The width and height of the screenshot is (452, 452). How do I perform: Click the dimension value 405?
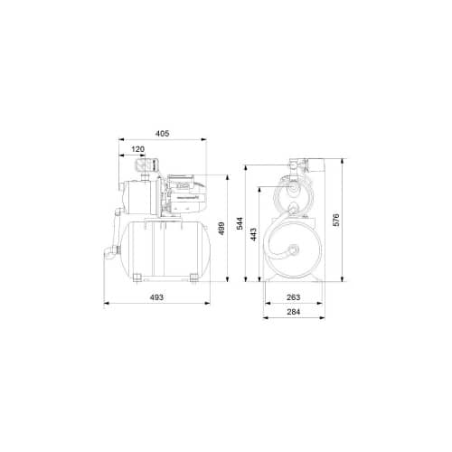(163, 134)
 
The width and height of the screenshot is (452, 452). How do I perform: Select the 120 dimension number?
(138, 148)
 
